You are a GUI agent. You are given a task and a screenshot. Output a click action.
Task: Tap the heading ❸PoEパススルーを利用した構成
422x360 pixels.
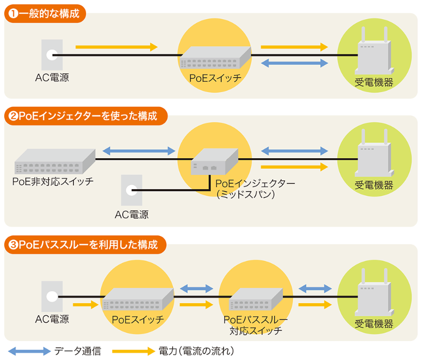tap(84, 245)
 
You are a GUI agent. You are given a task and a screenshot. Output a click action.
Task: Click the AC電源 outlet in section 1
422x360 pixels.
tap(52, 54)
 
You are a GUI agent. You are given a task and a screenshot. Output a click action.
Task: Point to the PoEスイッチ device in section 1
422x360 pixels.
tap(215, 57)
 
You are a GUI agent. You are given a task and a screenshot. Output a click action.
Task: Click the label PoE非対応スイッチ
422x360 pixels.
tap(53, 182)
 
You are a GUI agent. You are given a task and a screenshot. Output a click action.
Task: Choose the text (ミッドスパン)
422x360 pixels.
tap(244, 194)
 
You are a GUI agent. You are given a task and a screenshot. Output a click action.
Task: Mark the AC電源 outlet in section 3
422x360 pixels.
tap(52, 297)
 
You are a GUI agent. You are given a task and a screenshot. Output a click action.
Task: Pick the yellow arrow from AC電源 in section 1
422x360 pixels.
tap(117, 47)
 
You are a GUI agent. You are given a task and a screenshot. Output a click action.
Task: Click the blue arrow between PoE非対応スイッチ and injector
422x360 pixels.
tap(138, 151)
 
